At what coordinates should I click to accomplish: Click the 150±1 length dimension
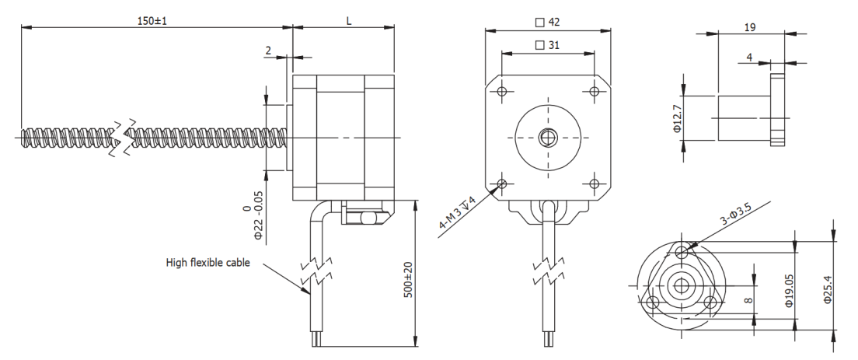click(x=152, y=21)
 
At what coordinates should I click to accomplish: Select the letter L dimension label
click(x=349, y=21)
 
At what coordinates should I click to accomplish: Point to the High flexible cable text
click(x=208, y=263)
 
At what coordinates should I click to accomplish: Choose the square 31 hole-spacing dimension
click(x=548, y=45)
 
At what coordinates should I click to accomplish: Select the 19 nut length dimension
click(x=751, y=26)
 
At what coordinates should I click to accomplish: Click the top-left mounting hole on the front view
click(x=502, y=92)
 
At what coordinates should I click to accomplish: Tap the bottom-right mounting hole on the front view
click(x=595, y=183)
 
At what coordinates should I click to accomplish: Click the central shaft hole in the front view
click(x=548, y=138)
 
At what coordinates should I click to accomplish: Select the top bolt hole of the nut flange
click(x=682, y=251)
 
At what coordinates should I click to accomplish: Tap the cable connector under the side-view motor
click(x=362, y=212)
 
